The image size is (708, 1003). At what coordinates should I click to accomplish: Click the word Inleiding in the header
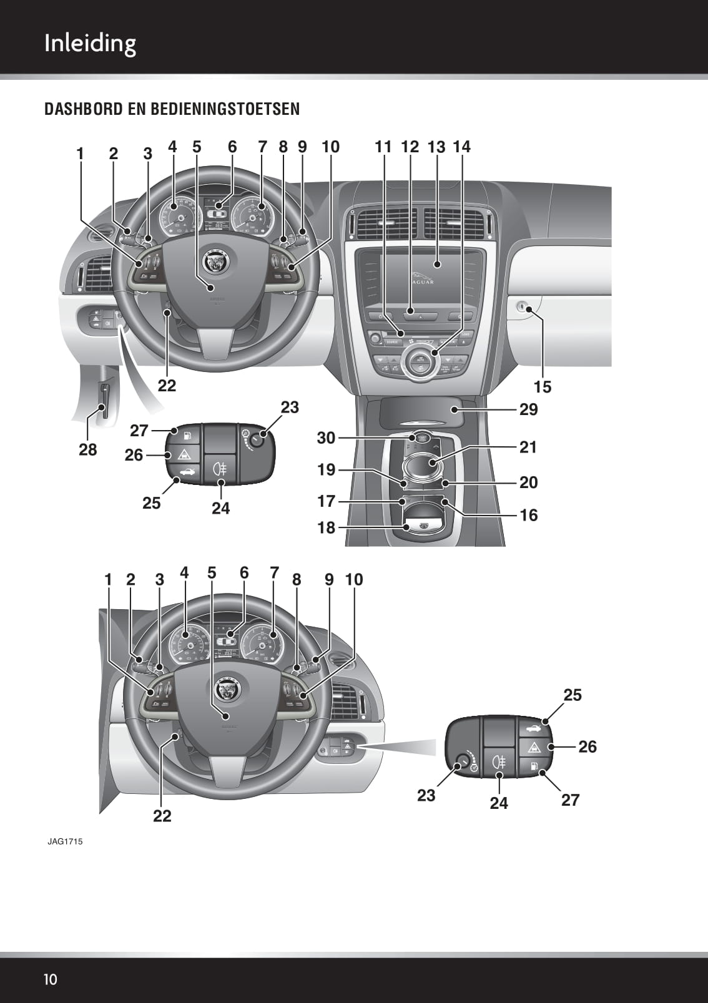point(90,44)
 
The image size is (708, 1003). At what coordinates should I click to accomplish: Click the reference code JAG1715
point(65,841)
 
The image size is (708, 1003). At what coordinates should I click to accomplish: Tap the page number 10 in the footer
point(50,979)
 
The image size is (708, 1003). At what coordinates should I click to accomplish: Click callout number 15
point(543,387)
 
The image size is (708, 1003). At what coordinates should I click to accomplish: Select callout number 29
point(528,409)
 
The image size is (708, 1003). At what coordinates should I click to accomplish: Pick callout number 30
point(326,438)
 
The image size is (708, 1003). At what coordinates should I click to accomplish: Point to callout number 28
point(88,449)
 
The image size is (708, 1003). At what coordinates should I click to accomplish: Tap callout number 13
point(436,147)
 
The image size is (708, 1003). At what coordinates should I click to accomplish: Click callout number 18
point(326,528)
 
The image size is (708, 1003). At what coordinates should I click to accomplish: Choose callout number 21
point(528,447)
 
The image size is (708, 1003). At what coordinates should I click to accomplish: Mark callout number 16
point(528,516)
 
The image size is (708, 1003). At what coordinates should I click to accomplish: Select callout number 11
point(383,147)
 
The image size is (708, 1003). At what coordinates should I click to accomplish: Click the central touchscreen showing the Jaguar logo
point(431,275)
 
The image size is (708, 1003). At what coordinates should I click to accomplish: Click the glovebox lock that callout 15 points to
point(524,307)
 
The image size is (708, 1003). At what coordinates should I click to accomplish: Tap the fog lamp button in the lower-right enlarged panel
point(499,762)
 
